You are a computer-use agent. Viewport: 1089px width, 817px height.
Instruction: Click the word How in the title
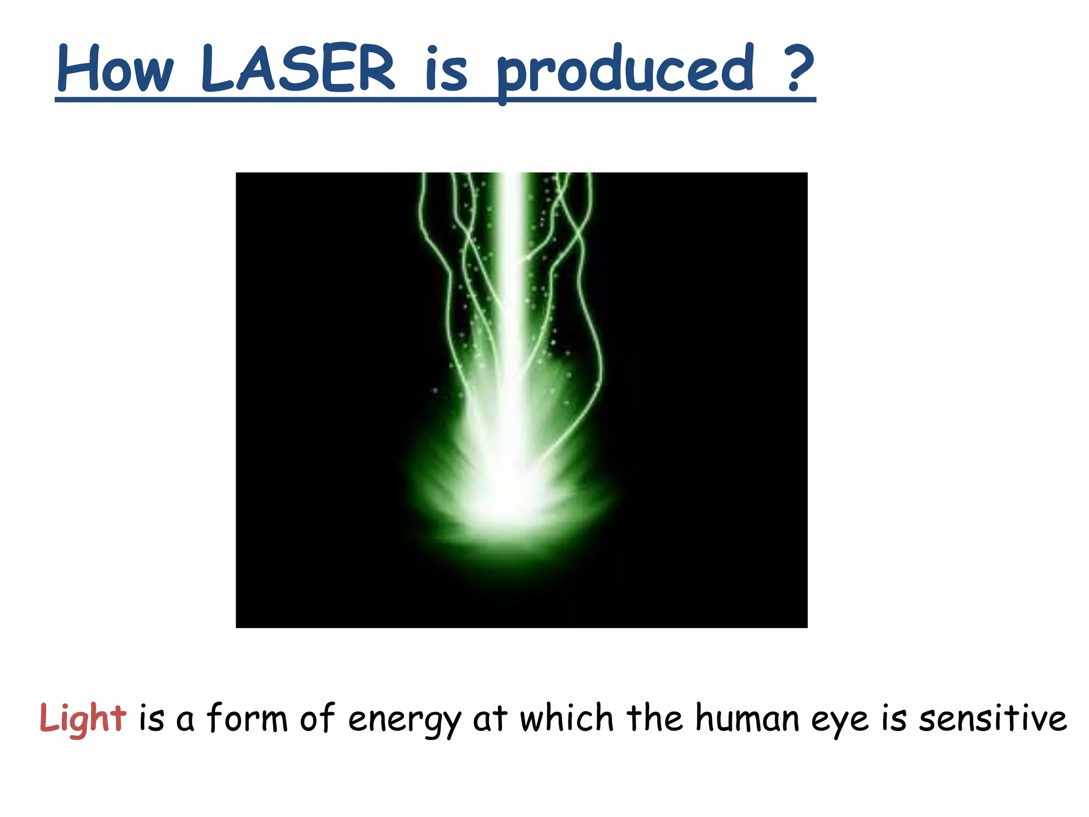[x=115, y=69]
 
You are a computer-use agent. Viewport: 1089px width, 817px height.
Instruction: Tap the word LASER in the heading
[x=298, y=69]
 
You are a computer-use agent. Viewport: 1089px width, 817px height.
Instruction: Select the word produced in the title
[x=625, y=72]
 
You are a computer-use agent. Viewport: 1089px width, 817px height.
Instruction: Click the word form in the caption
[x=247, y=718]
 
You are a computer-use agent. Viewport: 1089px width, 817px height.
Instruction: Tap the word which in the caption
[x=567, y=718]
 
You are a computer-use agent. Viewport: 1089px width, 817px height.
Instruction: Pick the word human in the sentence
[x=748, y=718]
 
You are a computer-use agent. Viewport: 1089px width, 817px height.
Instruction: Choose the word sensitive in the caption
[x=993, y=718]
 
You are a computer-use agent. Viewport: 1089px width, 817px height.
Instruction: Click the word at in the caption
[x=490, y=719]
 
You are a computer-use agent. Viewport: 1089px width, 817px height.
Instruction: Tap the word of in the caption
[x=317, y=718]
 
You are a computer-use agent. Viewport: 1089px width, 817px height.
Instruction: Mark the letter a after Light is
[x=185, y=721]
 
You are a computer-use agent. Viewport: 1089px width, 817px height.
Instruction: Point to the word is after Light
[x=152, y=718]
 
